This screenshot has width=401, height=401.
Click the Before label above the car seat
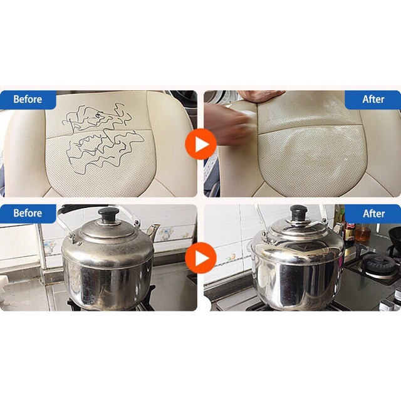(28, 99)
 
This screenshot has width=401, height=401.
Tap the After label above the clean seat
(373, 99)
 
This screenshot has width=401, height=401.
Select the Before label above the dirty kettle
(28, 213)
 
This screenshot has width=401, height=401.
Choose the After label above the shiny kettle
(373, 213)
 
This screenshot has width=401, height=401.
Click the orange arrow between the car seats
(200, 144)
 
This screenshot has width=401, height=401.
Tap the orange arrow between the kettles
(200, 258)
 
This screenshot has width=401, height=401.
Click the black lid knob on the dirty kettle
(109, 214)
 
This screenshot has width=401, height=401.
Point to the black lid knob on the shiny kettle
(299, 212)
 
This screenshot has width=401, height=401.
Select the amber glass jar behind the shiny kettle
(363, 232)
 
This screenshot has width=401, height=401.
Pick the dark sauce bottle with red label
(349, 231)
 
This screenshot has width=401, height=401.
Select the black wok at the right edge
(395, 238)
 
